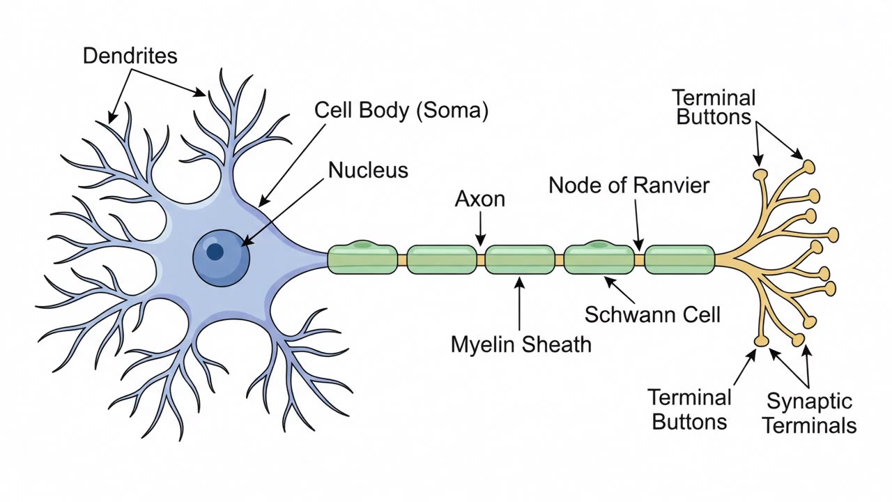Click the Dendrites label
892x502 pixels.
point(130,56)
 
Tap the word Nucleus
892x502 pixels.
point(369,170)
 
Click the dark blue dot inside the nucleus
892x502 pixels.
point(215,252)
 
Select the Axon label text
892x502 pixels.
point(480,199)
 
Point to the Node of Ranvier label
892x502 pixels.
point(629,185)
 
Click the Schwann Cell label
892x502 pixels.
point(652,314)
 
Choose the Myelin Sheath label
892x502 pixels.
point(521,344)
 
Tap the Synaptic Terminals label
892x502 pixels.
point(809,413)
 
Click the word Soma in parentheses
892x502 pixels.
point(452,110)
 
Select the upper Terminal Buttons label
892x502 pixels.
point(714,107)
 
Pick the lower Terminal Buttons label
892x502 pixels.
point(690,409)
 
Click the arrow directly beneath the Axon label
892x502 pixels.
point(481,229)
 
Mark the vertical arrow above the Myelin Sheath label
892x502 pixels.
point(519,303)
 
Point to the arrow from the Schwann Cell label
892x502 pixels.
point(620,290)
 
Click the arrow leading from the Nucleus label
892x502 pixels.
point(283,213)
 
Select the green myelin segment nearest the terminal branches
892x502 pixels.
point(679,260)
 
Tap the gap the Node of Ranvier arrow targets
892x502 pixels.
point(639,260)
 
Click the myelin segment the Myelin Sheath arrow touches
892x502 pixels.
point(520,260)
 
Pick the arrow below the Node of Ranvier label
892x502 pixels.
point(637,225)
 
